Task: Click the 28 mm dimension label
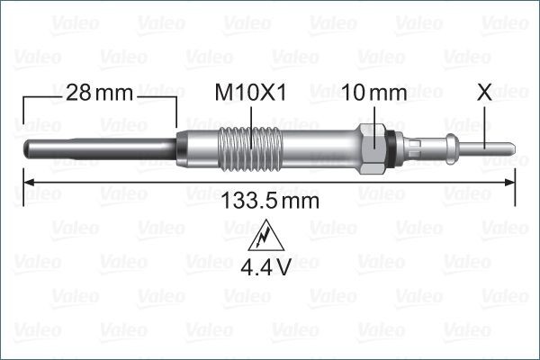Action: point(99,93)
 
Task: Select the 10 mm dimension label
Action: point(373,93)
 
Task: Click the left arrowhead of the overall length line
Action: point(27,182)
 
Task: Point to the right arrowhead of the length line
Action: point(511,182)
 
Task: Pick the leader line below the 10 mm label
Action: point(373,115)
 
